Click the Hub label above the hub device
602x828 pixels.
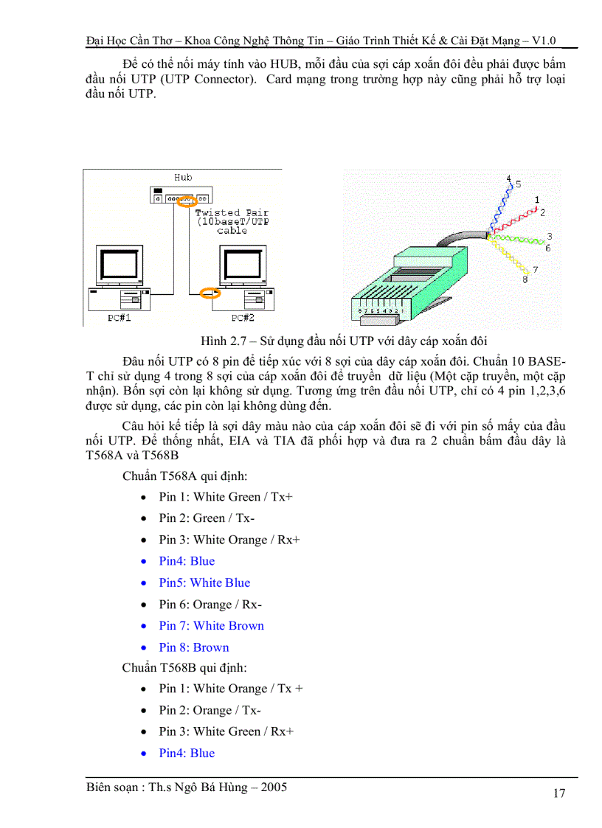183,178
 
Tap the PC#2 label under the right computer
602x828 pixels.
243,318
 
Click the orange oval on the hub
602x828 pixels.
187,200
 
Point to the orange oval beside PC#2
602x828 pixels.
212,293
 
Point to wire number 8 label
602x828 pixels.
525,280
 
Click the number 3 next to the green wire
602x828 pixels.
550,237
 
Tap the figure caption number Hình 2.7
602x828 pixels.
225,341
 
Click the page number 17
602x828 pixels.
558,793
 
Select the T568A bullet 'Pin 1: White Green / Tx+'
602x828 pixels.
226,497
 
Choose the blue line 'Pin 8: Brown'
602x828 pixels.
193,647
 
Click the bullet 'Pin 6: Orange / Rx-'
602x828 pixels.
210,605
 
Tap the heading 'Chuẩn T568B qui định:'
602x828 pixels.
184,668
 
